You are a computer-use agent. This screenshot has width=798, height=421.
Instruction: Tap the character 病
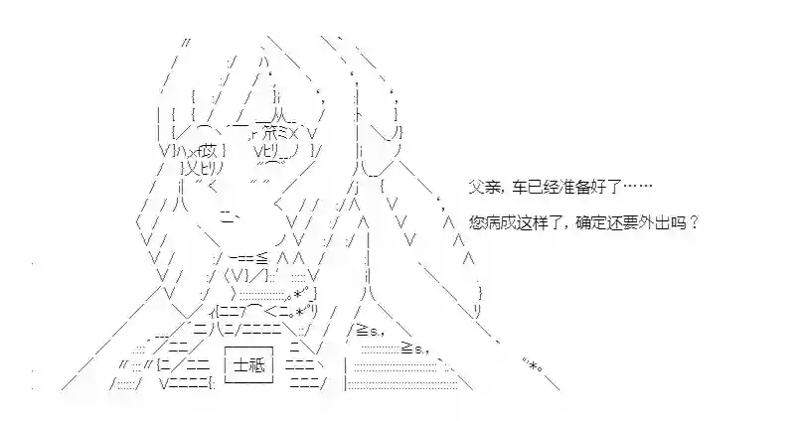pos(489,222)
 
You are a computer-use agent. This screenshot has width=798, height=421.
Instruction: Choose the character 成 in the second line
pos(503,222)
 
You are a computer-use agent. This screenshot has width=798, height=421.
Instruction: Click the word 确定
pos(587,222)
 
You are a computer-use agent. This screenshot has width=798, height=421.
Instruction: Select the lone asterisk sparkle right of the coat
pos(535,364)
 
